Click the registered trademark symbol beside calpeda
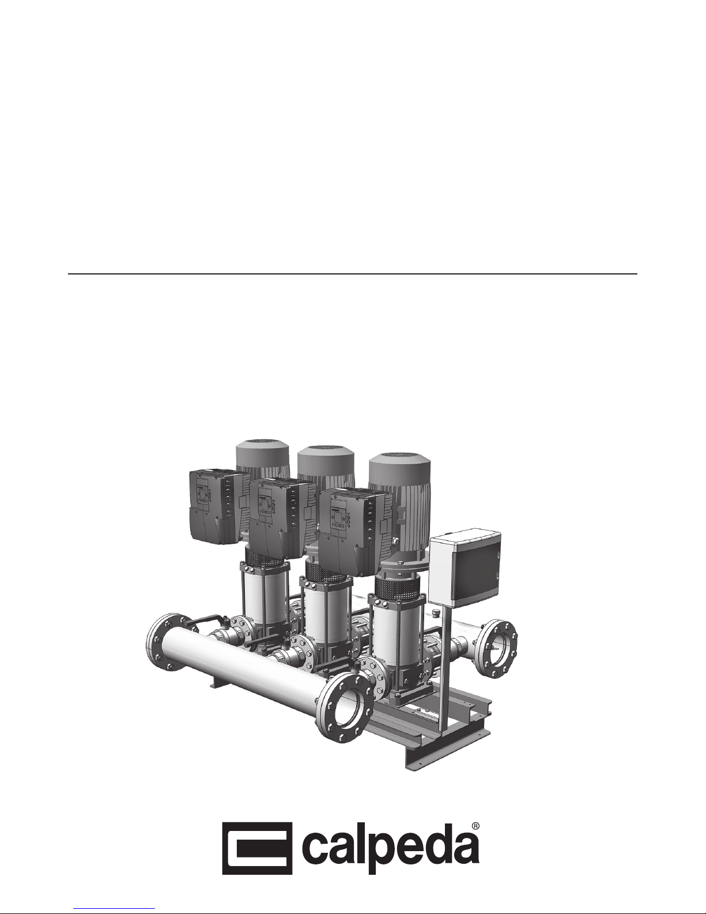click(x=475, y=825)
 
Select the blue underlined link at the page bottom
click(x=114, y=909)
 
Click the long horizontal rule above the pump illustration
click(x=353, y=274)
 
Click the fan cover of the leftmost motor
click(x=262, y=454)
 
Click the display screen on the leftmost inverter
click(x=203, y=492)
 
